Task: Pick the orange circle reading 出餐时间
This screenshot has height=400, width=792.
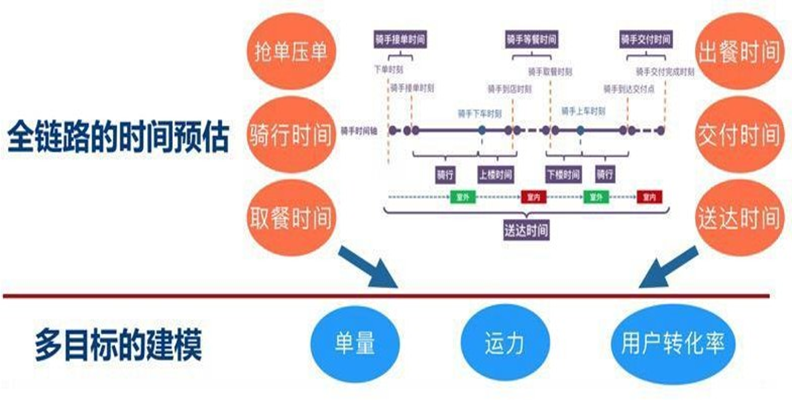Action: point(738,52)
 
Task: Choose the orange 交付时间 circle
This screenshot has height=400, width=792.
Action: point(738,135)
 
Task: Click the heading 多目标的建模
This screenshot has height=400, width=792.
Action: point(118,344)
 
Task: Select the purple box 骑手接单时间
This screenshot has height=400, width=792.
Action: point(401,40)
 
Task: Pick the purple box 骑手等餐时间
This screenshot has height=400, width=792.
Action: point(531,40)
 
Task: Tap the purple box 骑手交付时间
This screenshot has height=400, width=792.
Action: point(646,40)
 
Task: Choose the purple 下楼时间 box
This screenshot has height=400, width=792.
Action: point(562,174)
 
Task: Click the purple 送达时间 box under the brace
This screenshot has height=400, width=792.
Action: point(525,230)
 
